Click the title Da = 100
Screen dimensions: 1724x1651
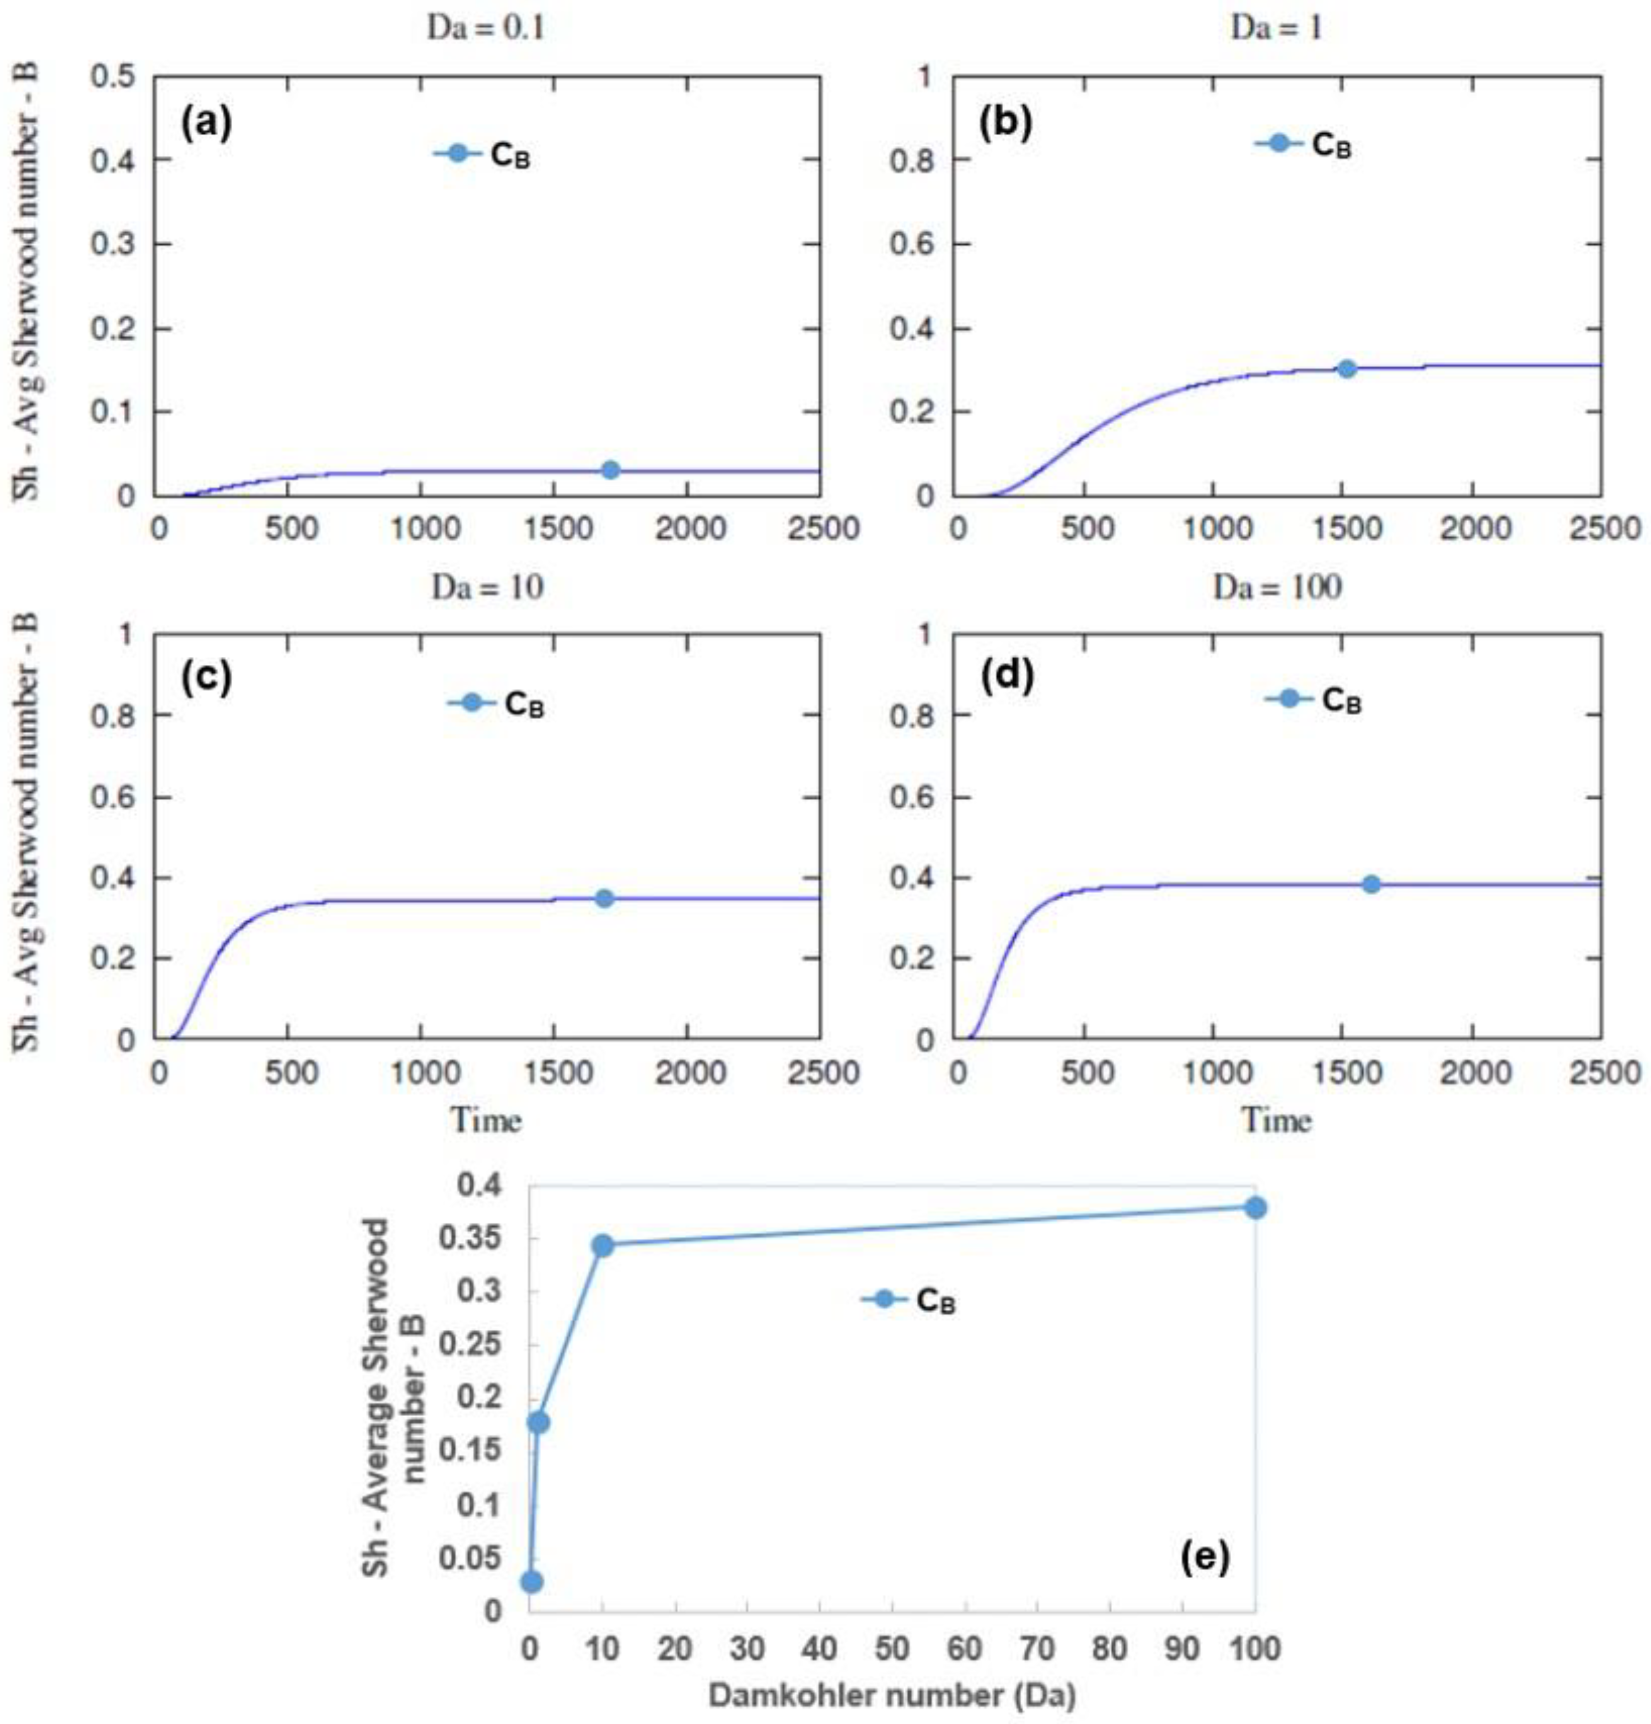(x=1277, y=587)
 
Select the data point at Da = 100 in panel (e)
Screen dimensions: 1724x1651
(x=1255, y=1208)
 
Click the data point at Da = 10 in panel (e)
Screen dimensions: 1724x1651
(x=603, y=1245)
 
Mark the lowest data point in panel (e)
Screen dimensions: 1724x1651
(x=531, y=1581)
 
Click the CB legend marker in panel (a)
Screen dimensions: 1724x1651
(x=456, y=153)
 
